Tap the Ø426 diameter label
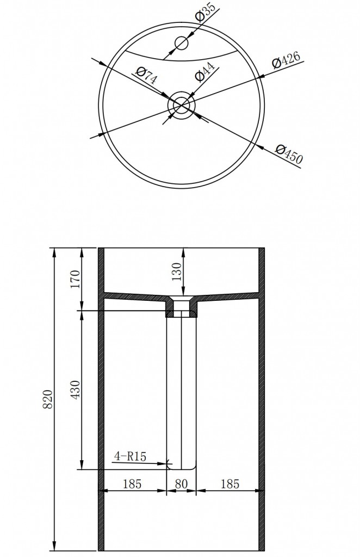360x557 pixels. click(x=286, y=59)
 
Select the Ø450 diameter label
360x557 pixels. click(x=289, y=154)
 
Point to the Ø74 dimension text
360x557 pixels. click(x=146, y=75)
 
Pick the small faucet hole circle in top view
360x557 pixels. click(x=182, y=44)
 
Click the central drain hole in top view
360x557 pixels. click(x=182, y=105)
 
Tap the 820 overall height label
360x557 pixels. click(x=47, y=399)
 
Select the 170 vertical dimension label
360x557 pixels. click(x=76, y=279)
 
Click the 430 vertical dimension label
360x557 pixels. click(x=76, y=390)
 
